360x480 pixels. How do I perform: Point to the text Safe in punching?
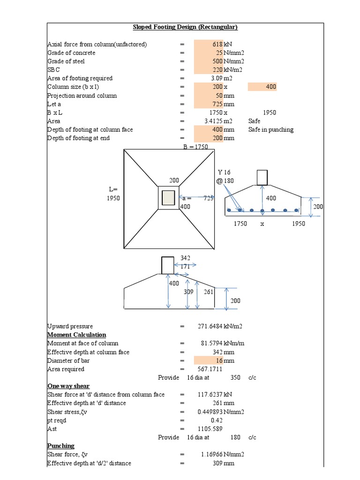[x=270, y=129]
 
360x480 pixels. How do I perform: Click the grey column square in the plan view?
[x=168, y=198]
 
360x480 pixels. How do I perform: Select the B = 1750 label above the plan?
[x=195, y=147]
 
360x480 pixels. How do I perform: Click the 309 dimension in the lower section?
[x=188, y=292]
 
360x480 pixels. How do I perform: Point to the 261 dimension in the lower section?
[x=209, y=292]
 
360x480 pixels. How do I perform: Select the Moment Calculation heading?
[x=76, y=335]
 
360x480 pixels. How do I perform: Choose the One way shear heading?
[x=68, y=386]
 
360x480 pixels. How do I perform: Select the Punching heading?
[x=61, y=445]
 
